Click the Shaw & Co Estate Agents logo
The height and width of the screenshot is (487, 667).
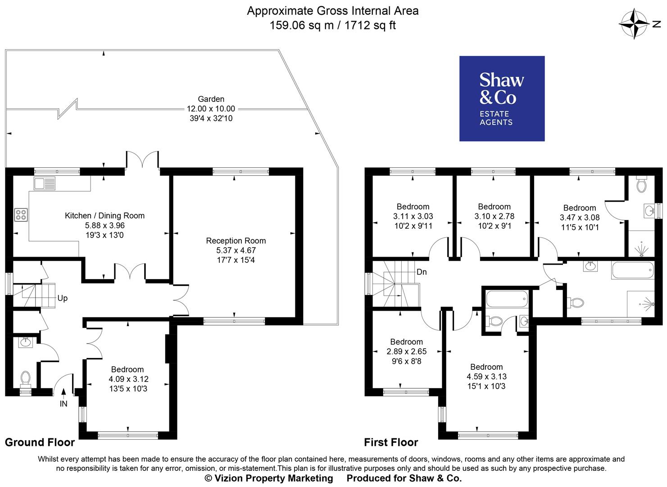pyautogui.click(x=502, y=98)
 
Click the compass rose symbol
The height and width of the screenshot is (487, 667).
pyautogui.click(x=635, y=24)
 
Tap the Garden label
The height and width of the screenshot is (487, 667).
pyautogui.click(x=211, y=99)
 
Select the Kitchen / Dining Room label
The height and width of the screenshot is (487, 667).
pyautogui.click(x=104, y=216)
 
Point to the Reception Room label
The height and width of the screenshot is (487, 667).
pyautogui.click(x=236, y=241)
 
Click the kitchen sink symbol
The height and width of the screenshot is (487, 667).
pyautogui.click(x=44, y=184)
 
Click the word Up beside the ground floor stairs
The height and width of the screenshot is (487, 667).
pyautogui.click(x=62, y=299)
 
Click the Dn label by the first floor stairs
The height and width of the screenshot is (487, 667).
pyautogui.click(x=422, y=272)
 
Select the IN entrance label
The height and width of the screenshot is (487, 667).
pyautogui.click(x=64, y=404)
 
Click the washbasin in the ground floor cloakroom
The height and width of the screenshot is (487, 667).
pyautogui.click(x=26, y=342)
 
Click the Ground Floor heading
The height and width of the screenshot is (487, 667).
pyautogui.click(x=40, y=442)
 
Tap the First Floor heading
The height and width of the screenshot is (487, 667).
pyautogui.click(x=391, y=442)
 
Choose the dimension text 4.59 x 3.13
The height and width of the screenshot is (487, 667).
pyautogui.click(x=486, y=377)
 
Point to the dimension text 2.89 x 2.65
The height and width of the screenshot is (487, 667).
pyautogui.click(x=406, y=352)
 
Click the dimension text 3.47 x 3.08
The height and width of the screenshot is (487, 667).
pyautogui.click(x=579, y=217)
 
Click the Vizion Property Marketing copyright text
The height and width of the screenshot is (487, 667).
pyautogui.click(x=269, y=478)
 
